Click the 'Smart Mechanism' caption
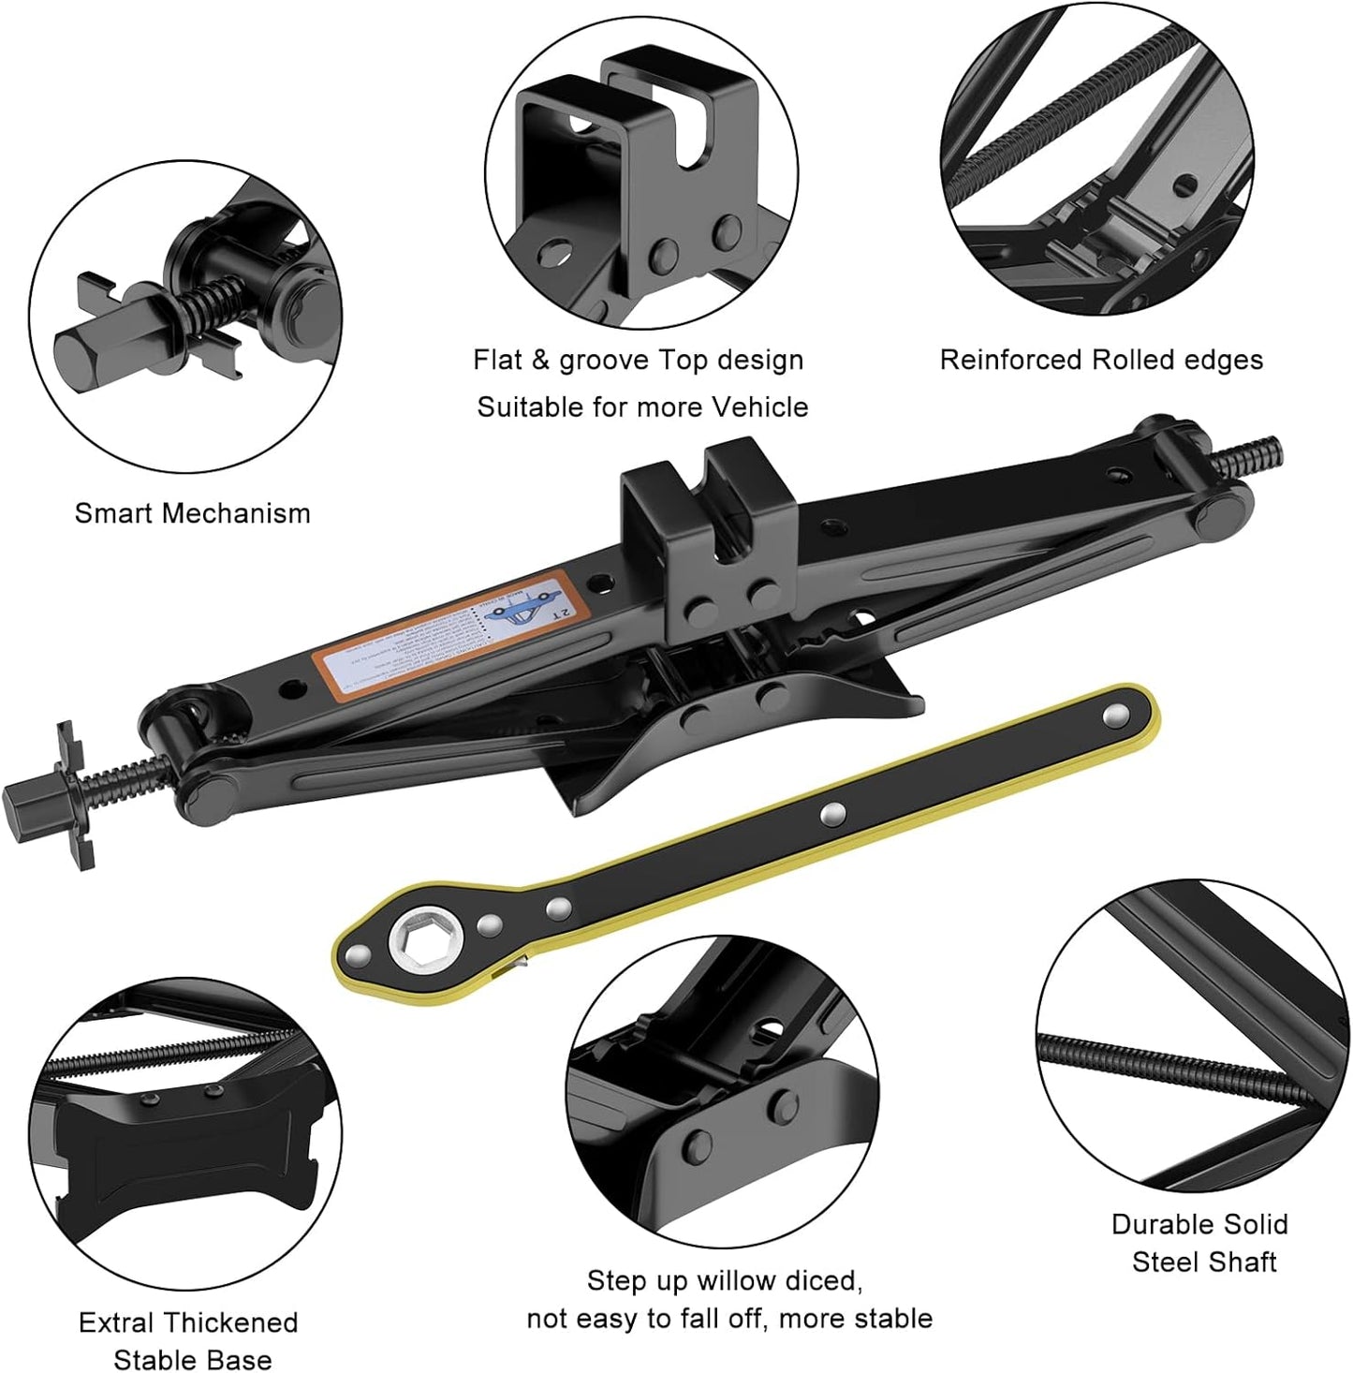[192, 513]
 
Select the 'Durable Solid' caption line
[1199, 1224]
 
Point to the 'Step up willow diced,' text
[724, 1280]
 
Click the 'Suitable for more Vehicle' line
[642, 407]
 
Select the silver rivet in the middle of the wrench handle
[830, 814]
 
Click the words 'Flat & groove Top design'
[638, 361]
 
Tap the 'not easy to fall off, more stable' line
[729, 1319]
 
